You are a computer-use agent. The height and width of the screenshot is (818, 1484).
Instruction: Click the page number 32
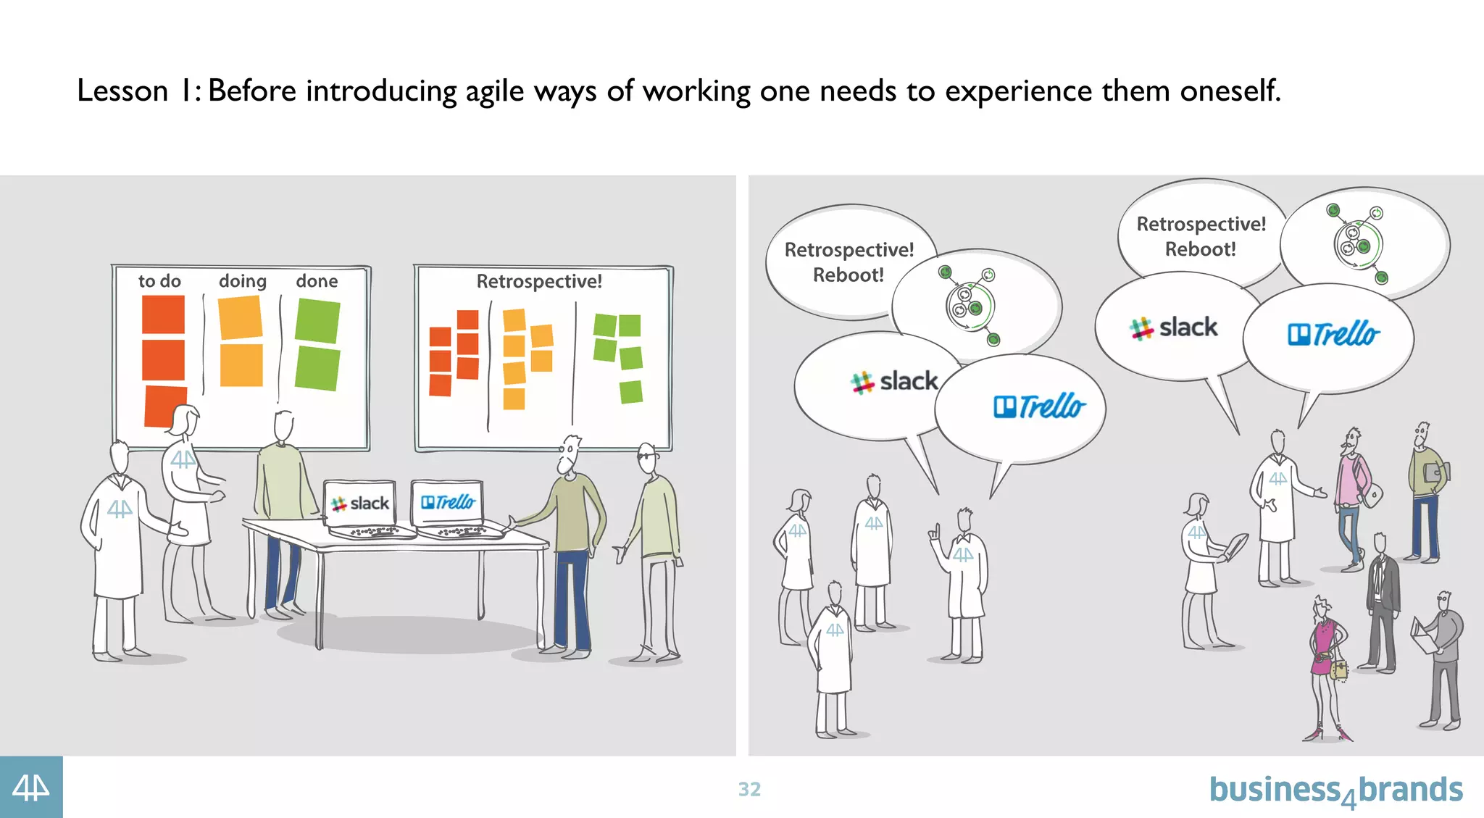(x=749, y=789)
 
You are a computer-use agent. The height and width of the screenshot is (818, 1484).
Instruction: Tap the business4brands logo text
(x=1335, y=790)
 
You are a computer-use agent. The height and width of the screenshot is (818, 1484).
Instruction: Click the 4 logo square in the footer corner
(x=31, y=788)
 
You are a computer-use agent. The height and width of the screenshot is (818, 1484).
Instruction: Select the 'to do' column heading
(x=159, y=281)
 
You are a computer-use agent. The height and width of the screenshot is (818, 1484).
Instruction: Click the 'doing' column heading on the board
(x=243, y=281)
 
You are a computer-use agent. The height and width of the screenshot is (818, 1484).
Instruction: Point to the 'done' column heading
(x=317, y=281)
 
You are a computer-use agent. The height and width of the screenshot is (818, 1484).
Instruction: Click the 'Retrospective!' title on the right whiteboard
(x=539, y=281)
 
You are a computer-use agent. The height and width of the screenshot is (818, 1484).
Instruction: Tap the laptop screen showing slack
(x=360, y=503)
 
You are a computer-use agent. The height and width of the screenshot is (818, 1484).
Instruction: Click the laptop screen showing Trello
(x=447, y=501)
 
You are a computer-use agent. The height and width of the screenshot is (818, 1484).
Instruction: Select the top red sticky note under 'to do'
(x=163, y=314)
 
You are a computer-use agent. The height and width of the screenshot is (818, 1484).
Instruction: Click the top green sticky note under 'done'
(x=317, y=321)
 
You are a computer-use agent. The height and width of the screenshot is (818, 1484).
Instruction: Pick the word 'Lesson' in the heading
(x=122, y=91)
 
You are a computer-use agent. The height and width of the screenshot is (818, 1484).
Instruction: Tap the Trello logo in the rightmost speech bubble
(x=1333, y=334)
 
